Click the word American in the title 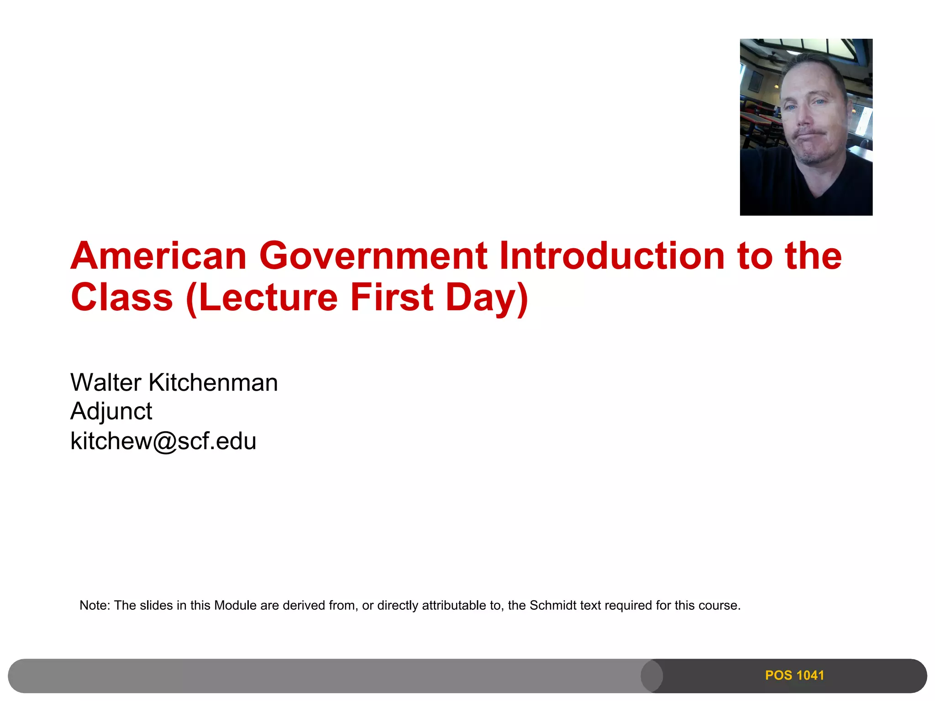(x=158, y=256)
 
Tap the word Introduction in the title (x=612, y=256)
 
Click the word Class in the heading (x=122, y=298)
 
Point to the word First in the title (x=392, y=298)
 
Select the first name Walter (x=105, y=382)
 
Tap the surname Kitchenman (x=213, y=382)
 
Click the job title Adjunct (x=111, y=411)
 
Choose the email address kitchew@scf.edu (x=163, y=441)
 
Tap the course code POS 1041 (x=794, y=675)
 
